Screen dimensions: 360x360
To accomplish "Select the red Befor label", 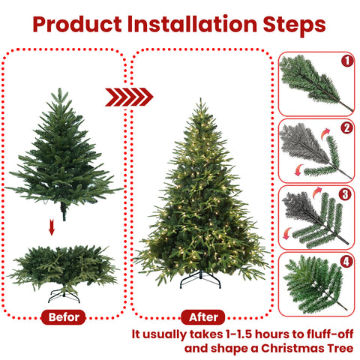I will tap(63, 317).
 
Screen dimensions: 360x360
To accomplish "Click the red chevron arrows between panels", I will tap(128, 96).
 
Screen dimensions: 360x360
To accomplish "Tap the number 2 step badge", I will tap(346, 127).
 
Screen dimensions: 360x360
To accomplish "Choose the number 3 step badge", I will tap(346, 194).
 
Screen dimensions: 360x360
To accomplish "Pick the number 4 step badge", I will tap(346, 262).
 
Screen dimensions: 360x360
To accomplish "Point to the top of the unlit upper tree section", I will tap(61, 90).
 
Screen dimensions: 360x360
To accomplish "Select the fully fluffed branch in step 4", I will tap(311, 283).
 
